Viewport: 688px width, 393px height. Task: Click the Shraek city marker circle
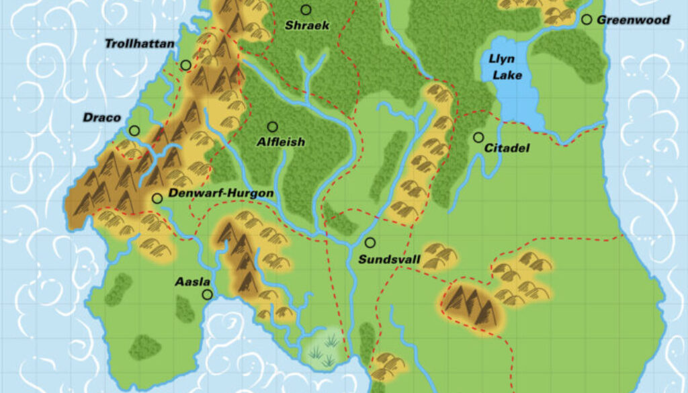click(306, 9)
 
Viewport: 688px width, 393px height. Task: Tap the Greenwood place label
click(634, 20)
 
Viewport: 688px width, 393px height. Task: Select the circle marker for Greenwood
click(587, 20)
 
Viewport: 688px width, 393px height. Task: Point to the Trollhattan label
click(139, 44)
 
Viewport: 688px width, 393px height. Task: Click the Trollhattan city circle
click(185, 65)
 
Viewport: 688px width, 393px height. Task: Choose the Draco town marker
click(134, 131)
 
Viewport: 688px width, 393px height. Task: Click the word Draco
click(102, 118)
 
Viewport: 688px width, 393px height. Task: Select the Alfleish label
click(281, 142)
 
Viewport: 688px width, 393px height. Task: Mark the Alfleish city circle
click(272, 126)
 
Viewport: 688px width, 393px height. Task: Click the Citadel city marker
click(478, 137)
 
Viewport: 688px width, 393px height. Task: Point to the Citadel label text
click(507, 148)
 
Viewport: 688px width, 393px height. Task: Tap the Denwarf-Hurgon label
click(220, 193)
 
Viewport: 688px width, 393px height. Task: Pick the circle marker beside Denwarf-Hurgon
click(157, 198)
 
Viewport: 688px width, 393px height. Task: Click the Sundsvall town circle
click(370, 243)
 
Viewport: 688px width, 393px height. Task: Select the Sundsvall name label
click(380, 259)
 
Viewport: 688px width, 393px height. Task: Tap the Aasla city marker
click(207, 294)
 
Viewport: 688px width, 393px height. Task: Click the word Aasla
click(193, 281)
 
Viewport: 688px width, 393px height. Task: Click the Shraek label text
click(307, 26)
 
